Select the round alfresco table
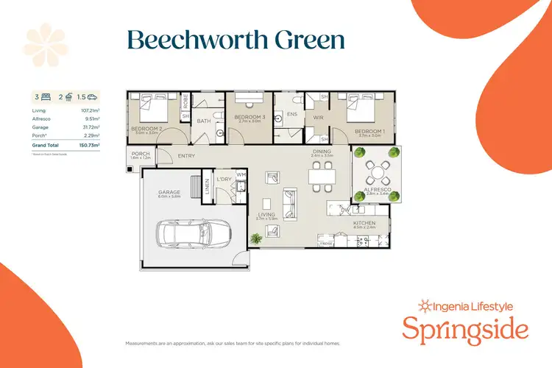pyautogui.click(x=378, y=174)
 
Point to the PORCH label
pyautogui.click(x=140, y=154)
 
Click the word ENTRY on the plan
pyautogui.click(x=186, y=155)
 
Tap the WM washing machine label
pyautogui.click(x=239, y=174)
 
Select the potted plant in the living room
pyautogui.click(x=255, y=238)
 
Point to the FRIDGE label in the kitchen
pyautogui.click(x=327, y=243)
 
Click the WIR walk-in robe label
pyautogui.click(x=319, y=116)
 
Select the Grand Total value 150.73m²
pyautogui.click(x=90, y=146)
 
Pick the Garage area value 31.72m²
pyautogui.click(x=91, y=127)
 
